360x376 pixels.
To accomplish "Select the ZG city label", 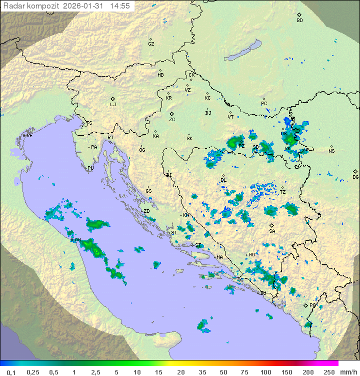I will (172, 120).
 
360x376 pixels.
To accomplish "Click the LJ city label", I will (113, 105).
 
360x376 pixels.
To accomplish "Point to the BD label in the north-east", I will (299, 21).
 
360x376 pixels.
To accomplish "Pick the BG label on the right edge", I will (355, 177).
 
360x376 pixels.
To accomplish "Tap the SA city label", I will (272, 231).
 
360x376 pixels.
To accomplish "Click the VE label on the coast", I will (29, 136).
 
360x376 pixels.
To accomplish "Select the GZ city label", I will (151, 44).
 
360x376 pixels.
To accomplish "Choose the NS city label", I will (331, 151).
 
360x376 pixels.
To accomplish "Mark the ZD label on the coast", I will (146, 211).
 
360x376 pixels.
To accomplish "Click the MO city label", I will (251, 255).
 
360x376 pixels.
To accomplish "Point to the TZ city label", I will (282, 192).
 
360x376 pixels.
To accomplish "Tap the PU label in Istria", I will (90, 168).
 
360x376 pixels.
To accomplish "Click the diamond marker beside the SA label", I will (272, 225).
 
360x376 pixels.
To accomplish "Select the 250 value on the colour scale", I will (329, 372).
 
